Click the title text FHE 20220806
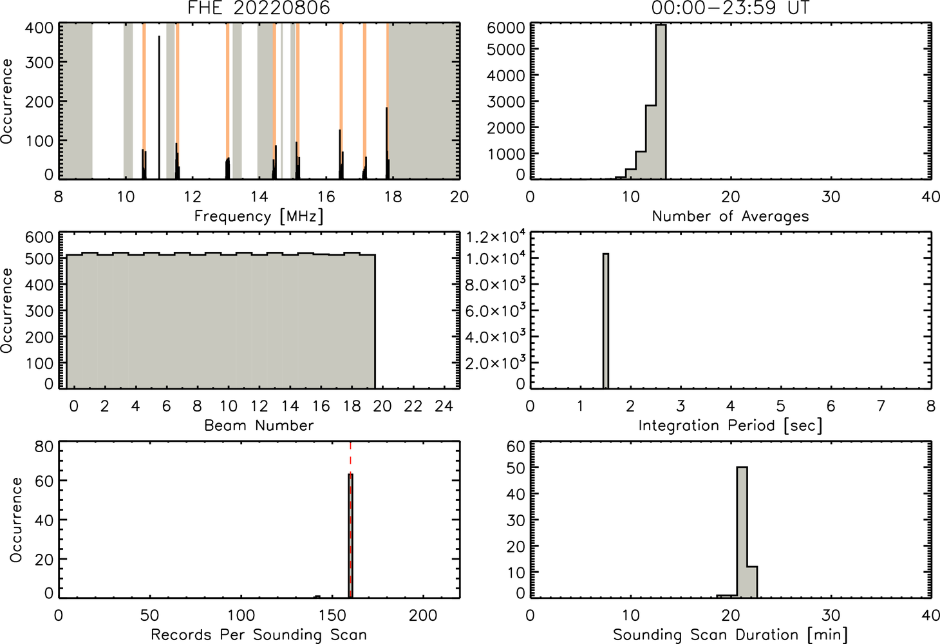(259, 8)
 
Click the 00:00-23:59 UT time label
(731, 8)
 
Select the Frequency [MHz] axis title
(259, 216)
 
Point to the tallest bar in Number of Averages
(661, 102)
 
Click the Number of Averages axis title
(730, 216)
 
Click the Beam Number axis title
(259, 425)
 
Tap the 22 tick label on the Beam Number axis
(413, 406)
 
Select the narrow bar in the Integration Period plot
(606, 321)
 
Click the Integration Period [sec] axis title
(730, 426)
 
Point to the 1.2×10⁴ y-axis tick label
(496, 237)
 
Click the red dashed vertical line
(350, 519)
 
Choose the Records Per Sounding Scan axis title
(259, 634)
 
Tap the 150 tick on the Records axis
(332, 616)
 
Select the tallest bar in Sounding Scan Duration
(742, 532)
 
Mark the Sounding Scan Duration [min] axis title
(730, 635)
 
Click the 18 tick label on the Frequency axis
(393, 196)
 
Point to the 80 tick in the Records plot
(44, 447)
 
